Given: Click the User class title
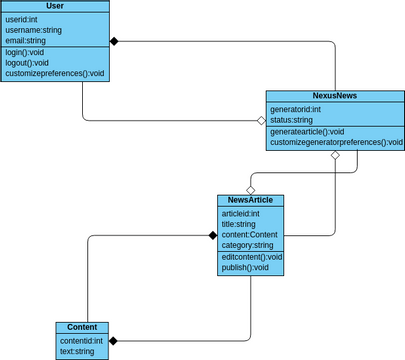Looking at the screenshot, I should tap(55, 6).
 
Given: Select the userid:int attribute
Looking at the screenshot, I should tap(25, 19).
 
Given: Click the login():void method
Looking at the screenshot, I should tap(25, 52).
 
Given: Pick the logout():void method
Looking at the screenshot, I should tap(27, 63).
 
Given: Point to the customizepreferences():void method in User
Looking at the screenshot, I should tap(54, 74).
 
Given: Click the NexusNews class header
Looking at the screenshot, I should tap(335, 96).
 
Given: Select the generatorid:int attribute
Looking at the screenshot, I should tap(296, 109).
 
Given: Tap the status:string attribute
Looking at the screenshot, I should tap(292, 120).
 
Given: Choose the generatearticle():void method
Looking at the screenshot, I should tap(307, 131).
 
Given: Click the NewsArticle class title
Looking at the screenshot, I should tap(250, 200).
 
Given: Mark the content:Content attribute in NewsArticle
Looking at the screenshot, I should tap(250, 235).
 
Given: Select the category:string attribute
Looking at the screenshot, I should tap(247, 245).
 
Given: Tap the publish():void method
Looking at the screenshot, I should tap(245, 268).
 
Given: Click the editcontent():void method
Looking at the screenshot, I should tap(251, 257).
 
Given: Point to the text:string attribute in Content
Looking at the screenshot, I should tap(76, 351).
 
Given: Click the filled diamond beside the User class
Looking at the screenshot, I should tap(114, 41).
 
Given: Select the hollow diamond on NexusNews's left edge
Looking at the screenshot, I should tap(261, 121).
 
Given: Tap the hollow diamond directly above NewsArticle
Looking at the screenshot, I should tap(251, 189).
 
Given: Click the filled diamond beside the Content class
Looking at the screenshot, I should tap(113, 341).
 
